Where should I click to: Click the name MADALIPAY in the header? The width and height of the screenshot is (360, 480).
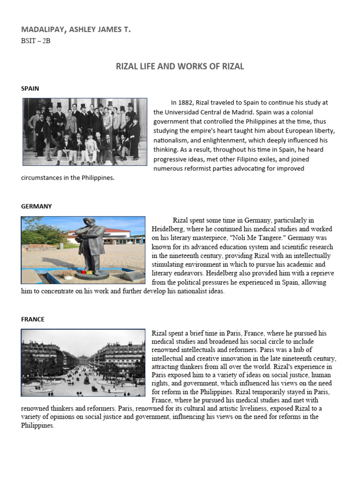(44, 30)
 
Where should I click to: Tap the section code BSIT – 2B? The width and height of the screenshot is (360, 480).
(36, 41)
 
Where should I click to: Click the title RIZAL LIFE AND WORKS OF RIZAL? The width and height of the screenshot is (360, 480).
(180, 66)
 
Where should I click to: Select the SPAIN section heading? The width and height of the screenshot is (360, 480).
(30, 88)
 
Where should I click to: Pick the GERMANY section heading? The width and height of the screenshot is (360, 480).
(37, 206)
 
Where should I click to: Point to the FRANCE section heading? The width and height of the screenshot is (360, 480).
(33, 319)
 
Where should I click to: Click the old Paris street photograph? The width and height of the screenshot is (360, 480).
(83, 362)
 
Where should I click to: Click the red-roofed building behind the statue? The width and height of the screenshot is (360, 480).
(123, 233)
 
